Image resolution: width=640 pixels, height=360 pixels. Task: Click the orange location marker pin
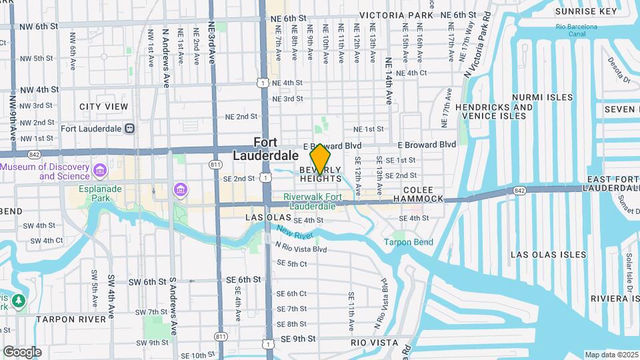pyautogui.click(x=321, y=159)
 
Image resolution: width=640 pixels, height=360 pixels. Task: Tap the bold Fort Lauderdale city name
pyautogui.click(x=265, y=149)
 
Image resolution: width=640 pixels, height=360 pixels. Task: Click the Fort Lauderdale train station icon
pyautogui.click(x=129, y=128)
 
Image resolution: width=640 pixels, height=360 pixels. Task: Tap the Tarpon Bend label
pyautogui.click(x=408, y=242)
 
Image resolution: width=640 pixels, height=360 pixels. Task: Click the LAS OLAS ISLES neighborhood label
pyautogui.click(x=549, y=255)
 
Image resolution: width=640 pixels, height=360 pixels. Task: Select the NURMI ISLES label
pyautogui.click(x=542, y=97)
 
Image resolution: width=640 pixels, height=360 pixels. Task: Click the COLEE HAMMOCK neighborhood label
pyautogui.click(x=417, y=194)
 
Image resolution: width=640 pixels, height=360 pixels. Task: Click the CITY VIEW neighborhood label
pyautogui.click(x=103, y=107)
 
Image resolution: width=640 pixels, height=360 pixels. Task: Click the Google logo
pyautogui.click(x=22, y=352)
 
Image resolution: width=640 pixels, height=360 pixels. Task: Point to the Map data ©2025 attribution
pyautogui.click(x=611, y=355)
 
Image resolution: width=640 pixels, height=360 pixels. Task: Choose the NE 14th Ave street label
pyautogui.click(x=389, y=81)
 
